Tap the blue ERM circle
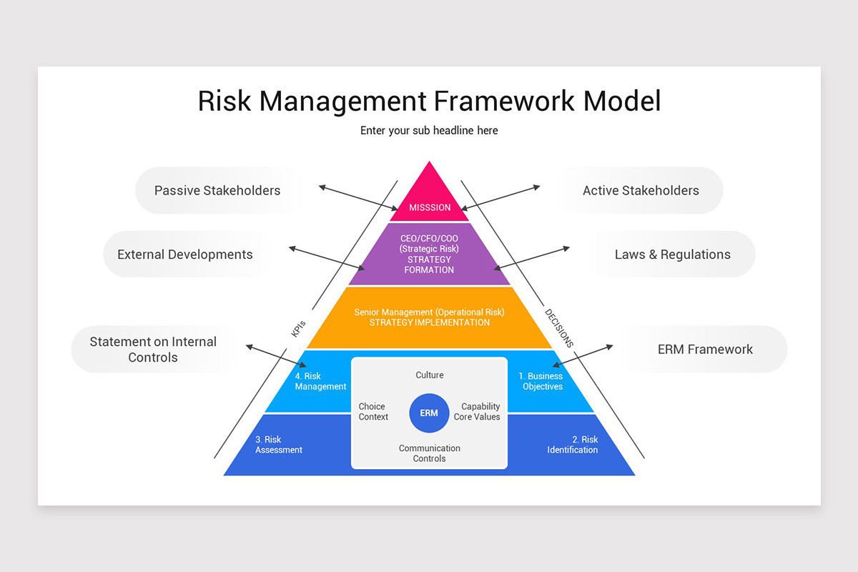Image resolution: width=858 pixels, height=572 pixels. click(x=429, y=413)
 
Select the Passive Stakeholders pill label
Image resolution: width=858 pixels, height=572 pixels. click(x=217, y=190)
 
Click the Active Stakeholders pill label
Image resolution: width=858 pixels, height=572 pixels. click(x=641, y=190)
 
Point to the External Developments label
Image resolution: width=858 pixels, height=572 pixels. click(x=184, y=255)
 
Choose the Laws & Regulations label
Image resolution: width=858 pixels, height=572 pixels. click(x=672, y=255)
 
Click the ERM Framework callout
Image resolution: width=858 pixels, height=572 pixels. click(x=705, y=350)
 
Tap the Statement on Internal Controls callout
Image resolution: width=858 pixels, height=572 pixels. click(x=153, y=350)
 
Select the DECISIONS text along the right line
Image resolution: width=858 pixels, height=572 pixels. click(x=559, y=327)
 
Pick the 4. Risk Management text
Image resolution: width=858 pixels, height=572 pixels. click(x=320, y=381)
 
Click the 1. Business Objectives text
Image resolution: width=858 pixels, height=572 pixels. click(x=541, y=381)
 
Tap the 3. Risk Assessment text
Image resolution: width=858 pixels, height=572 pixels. click(x=279, y=445)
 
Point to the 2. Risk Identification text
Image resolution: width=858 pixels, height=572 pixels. click(x=573, y=445)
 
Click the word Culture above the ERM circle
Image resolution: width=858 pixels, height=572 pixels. click(x=430, y=375)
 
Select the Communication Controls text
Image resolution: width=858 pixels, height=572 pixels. click(x=430, y=453)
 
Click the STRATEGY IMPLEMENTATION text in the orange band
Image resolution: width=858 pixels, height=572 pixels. click(x=429, y=322)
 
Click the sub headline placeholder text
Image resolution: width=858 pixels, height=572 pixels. click(x=429, y=131)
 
